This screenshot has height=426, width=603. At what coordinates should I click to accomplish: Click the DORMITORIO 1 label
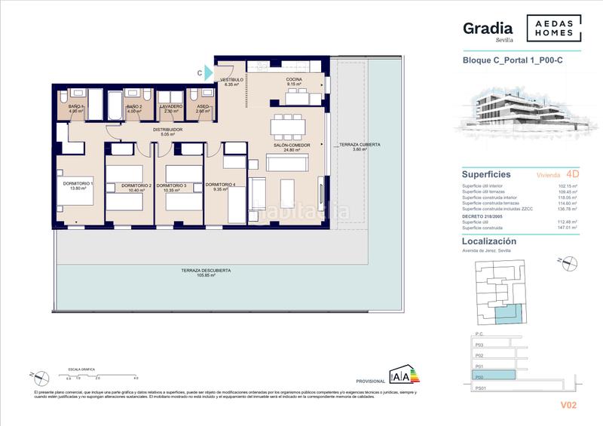pyautogui.click(x=78, y=185)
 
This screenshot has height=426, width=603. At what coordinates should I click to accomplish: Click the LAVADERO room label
pyautogui.click(x=173, y=108)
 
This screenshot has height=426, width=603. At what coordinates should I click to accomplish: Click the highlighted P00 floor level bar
pyautogui.click(x=494, y=374)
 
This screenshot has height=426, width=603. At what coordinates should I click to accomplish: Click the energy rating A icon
pyautogui.click(x=399, y=375)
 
